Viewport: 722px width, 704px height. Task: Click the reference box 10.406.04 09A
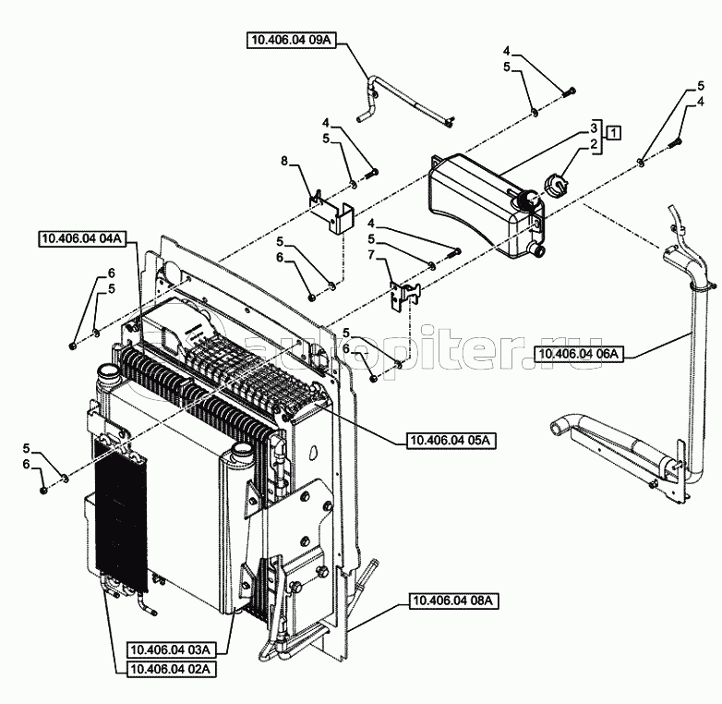tap(291, 40)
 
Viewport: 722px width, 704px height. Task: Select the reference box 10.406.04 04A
tap(82, 239)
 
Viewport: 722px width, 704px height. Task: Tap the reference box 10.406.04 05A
tap(451, 441)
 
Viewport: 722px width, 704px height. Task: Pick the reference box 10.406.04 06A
tap(579, 354)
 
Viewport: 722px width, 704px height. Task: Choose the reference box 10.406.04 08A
tap(453, 601)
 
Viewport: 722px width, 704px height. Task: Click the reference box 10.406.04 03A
tap(171, 650)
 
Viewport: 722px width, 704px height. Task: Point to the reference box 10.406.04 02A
tap(171, 669)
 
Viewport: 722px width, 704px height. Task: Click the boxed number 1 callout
tap(613, 133)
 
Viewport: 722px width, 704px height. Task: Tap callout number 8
tap(284, 161)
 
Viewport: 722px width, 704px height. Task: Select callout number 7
tap(371, 254)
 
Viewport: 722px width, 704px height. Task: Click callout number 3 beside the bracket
tap(594, 127)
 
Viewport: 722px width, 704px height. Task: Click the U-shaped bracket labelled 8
tap(331, 212)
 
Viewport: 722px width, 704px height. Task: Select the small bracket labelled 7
tap(404, 296)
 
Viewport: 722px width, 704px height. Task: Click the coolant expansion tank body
tap(484, 202)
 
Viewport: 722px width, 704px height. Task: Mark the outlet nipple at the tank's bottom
tap(538, 250)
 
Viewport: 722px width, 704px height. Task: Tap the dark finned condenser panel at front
tap(120, 514)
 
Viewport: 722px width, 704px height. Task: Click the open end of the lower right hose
tap(556, 427)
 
